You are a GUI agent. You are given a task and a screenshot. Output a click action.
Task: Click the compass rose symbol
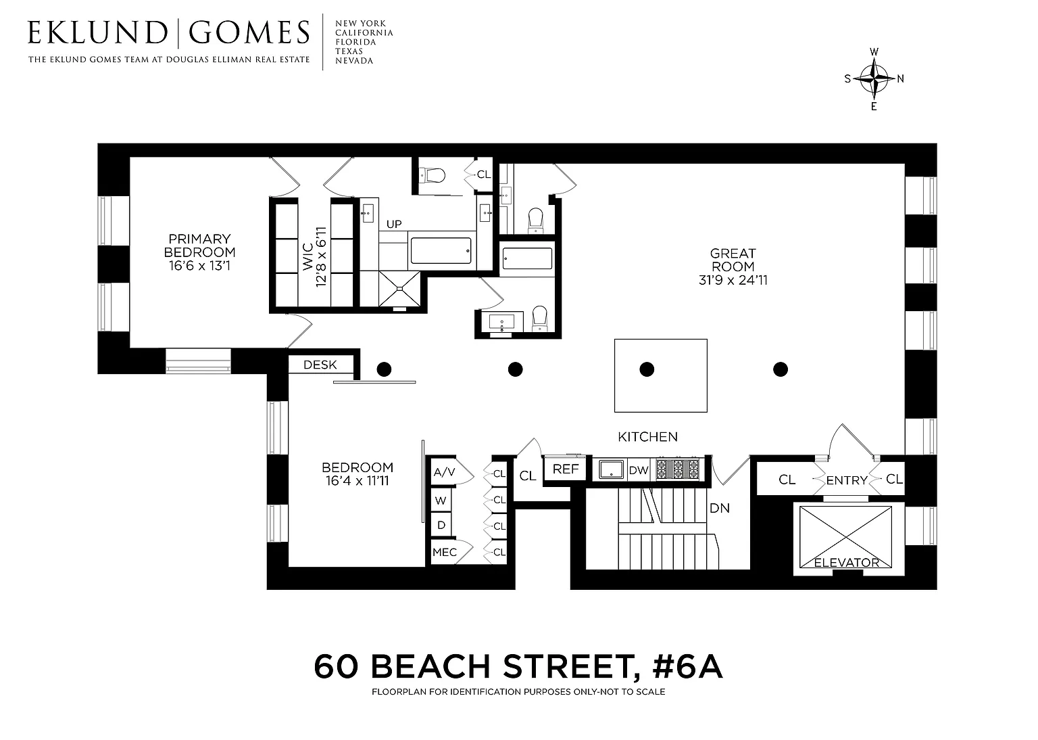pyautogui.click(x=874, y=79)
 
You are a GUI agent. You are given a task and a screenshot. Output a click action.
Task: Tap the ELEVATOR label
pyautogui.click(x=847, y=562)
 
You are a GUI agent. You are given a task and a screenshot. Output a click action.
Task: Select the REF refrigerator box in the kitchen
pyautogui.click(x=566, y=469)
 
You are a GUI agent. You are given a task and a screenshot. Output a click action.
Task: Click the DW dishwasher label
pyautogui.click(x=639, y=470)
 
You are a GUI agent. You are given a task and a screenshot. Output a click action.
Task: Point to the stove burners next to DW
pyautogui.click(x=678, y=469)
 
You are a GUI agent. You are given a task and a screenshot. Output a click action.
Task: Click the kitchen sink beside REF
pyautogui.click(x=611, y=469)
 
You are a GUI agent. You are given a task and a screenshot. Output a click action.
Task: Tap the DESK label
pyautogui.click(x=320, y=365)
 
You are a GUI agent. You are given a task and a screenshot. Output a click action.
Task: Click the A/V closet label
pyautogui.click(x=445, y=472)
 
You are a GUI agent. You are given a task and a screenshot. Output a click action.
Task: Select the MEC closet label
pyautogui.click(x=445, y=552)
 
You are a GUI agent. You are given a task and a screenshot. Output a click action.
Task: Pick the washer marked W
pyautogui.click(x=441, y=501)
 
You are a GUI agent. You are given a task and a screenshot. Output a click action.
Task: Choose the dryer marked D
pyautogui.click(x=441, y=525)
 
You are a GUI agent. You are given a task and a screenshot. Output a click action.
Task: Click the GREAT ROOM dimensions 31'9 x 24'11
pyautogui.click(x=733, y=280)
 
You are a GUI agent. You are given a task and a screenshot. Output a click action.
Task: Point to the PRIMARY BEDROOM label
pyautogui.click(x=200, y=246)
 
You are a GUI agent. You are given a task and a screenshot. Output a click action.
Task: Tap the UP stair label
pyautogui.click(x=394, y=224)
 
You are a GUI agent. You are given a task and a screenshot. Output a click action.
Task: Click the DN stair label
pyautogui.click(x=720, y=508)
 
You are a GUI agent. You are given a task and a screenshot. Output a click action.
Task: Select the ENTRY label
pyautogui.click(x=847, y=480)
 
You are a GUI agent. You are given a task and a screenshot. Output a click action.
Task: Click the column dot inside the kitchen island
pyautogui.click(x=647, y=370)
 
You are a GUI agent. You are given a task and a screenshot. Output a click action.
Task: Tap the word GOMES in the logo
pyautogui.click(x=249, y=32)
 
